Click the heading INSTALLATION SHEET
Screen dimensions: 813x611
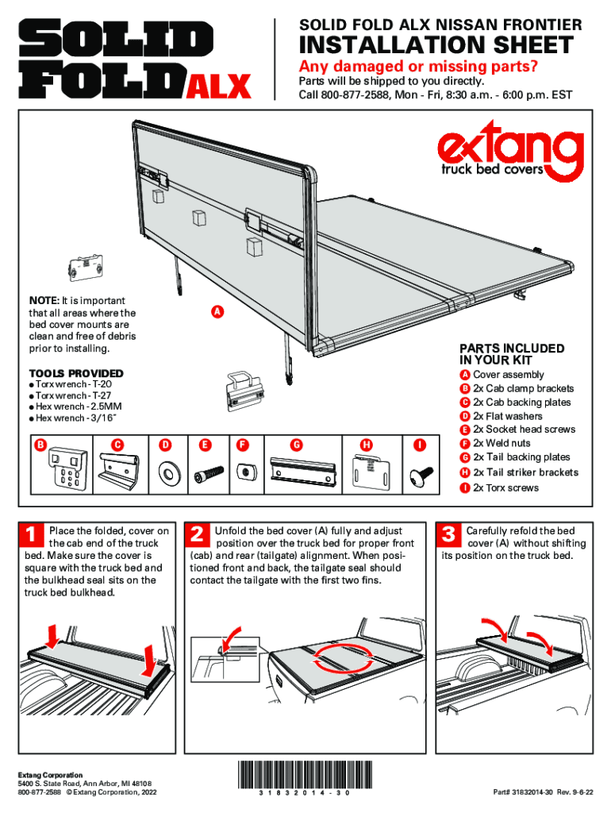[x=436, y=45]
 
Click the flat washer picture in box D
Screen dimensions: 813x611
[x=169, y=474]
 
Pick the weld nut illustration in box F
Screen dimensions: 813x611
[x=245, y=472]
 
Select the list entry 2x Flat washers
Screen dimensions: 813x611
[x=508, y=416]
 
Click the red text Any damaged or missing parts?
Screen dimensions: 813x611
[x=406, y=66]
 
